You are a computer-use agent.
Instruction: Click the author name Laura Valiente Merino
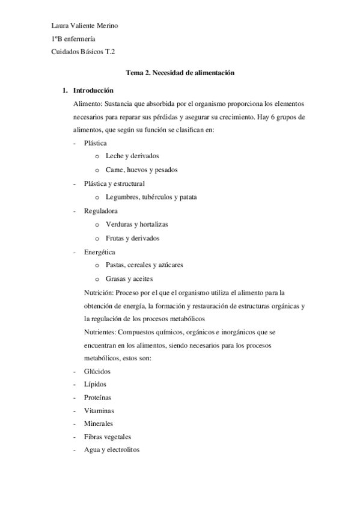click(85, 25)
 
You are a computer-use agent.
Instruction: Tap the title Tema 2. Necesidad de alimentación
click(179, 73)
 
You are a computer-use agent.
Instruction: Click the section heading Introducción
click(93, 91)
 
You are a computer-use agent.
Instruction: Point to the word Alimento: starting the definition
click(87, 103)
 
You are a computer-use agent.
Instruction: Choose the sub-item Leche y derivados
click(132, 156)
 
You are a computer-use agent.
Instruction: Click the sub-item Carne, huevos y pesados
click(141, 170)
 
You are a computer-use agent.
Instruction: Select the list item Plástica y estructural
click(114, 183)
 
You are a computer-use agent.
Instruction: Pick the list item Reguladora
click(101, 210)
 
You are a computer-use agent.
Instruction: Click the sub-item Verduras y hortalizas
click(136, 224)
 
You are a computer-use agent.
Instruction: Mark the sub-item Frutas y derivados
click(132, 238)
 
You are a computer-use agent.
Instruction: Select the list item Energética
click(100, 251)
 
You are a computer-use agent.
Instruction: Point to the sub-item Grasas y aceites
click(129, 278)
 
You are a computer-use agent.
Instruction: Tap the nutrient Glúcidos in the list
click(97, 372)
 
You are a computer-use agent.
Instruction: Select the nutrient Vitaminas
click(99, 411)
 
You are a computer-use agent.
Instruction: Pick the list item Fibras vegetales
click(108, 437)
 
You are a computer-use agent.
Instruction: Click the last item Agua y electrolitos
click(112, 450)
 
